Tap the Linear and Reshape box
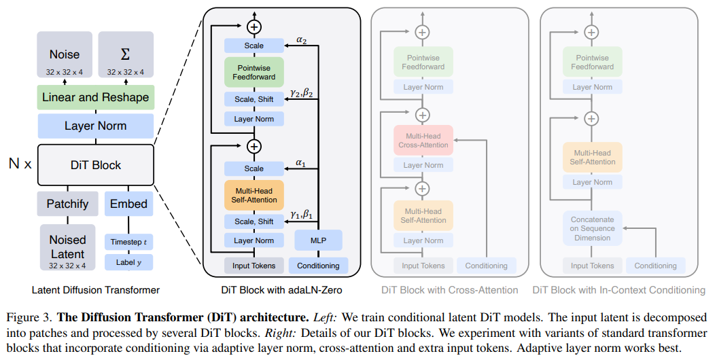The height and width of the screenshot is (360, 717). tap(95, 97)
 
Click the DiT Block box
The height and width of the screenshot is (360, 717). tap(95, 165)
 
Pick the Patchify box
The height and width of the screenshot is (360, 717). tap(67, 204)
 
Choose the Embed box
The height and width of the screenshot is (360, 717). tap(129, 204)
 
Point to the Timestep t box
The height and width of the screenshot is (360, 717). tap(129, 242)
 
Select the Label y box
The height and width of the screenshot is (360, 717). tap(129, 262)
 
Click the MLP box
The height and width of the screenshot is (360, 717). tap(318, 240)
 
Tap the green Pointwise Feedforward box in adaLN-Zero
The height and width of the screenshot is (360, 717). tap(254, 73)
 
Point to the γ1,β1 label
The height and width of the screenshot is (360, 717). tap(301, 214)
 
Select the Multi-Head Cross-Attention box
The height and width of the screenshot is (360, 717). tap(423, 141)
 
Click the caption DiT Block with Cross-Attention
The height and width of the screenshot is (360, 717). tap(449, 290)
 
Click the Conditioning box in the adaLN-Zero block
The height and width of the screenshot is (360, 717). tap(318, 266)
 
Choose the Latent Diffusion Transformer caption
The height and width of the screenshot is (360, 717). tap(96, 290)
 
